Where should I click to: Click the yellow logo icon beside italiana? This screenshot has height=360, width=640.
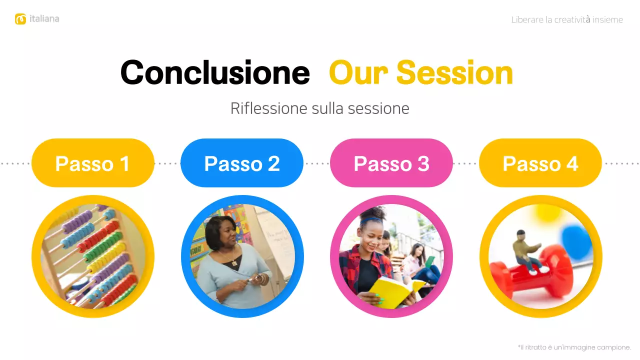pyautogui.click(x=20, y=19)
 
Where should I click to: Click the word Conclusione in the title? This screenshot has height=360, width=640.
pyautogui.click(x=215, y=72)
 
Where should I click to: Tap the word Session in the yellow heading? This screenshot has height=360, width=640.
pyautogui.click(x=454, y=72)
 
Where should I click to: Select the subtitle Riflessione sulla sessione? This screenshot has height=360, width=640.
pyautogui.click(x=319, y=108)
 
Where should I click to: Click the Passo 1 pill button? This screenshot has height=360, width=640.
pyautogui.click(x=92, y=163)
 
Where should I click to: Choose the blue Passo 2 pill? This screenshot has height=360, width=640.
pyautogui.click(x=242, y=163)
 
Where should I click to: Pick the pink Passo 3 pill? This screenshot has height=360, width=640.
pyautogui.click(x=391, y=163)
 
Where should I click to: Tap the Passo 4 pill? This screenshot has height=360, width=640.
pyautogui.click(x=540, y=163)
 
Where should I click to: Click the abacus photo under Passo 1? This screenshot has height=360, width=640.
pyautogui.click(x=93, y=256)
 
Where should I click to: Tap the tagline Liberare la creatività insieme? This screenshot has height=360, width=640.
pyautogui.click(x=567, y=20)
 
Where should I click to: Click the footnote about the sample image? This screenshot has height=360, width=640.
pyautogui.click(x=574, y=347)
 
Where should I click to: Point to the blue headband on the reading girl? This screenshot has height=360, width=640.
pyautogui.click(x=371, y=218)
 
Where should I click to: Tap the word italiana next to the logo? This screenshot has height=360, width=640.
pyautogui.click(x=44, y=19)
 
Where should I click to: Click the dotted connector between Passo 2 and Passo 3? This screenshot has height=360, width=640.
pyautogui.click(x=316, y=163)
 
